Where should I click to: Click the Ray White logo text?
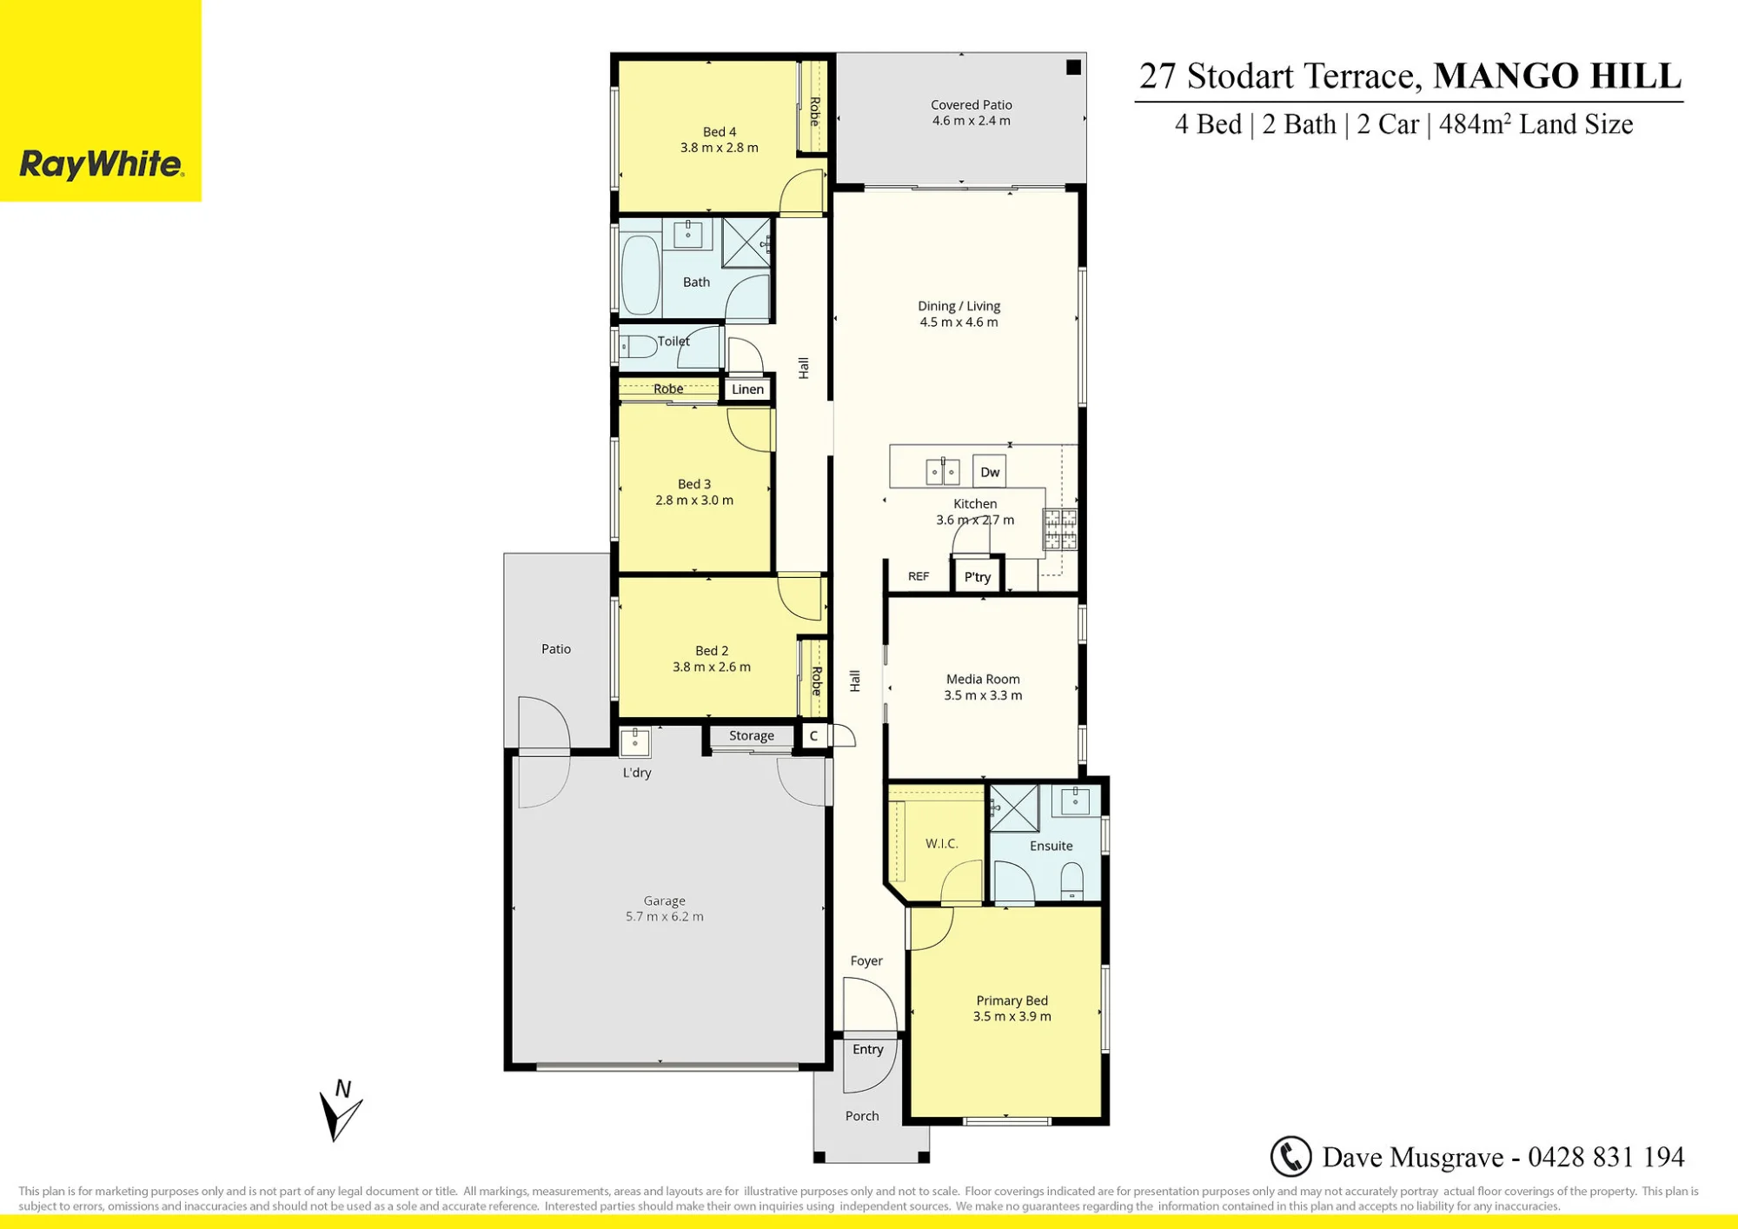click(101, 164)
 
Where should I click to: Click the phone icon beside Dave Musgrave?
click(1290, 1157)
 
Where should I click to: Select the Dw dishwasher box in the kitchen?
click(990, 472)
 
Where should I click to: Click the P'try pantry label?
click(978, 576)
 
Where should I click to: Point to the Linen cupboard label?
click(747, 389)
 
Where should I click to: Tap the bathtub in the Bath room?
click(641, 274)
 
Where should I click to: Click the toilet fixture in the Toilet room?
click(639, 347)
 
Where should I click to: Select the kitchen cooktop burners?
click(1060, 529)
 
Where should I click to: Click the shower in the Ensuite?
click(1014, 807)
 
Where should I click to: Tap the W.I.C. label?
click(941, 843)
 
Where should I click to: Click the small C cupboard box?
click(813, 736)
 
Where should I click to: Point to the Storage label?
click(752, 735)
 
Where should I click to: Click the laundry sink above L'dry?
click(635, 742)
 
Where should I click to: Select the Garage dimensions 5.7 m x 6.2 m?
click(665, 916)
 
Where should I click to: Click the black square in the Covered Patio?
click(1074, 67)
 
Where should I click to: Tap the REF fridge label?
click(919, 576)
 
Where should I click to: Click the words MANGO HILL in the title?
click(1557, 76)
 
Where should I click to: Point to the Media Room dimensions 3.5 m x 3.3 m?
click(983, 695)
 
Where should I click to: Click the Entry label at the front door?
click(868, 1049)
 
